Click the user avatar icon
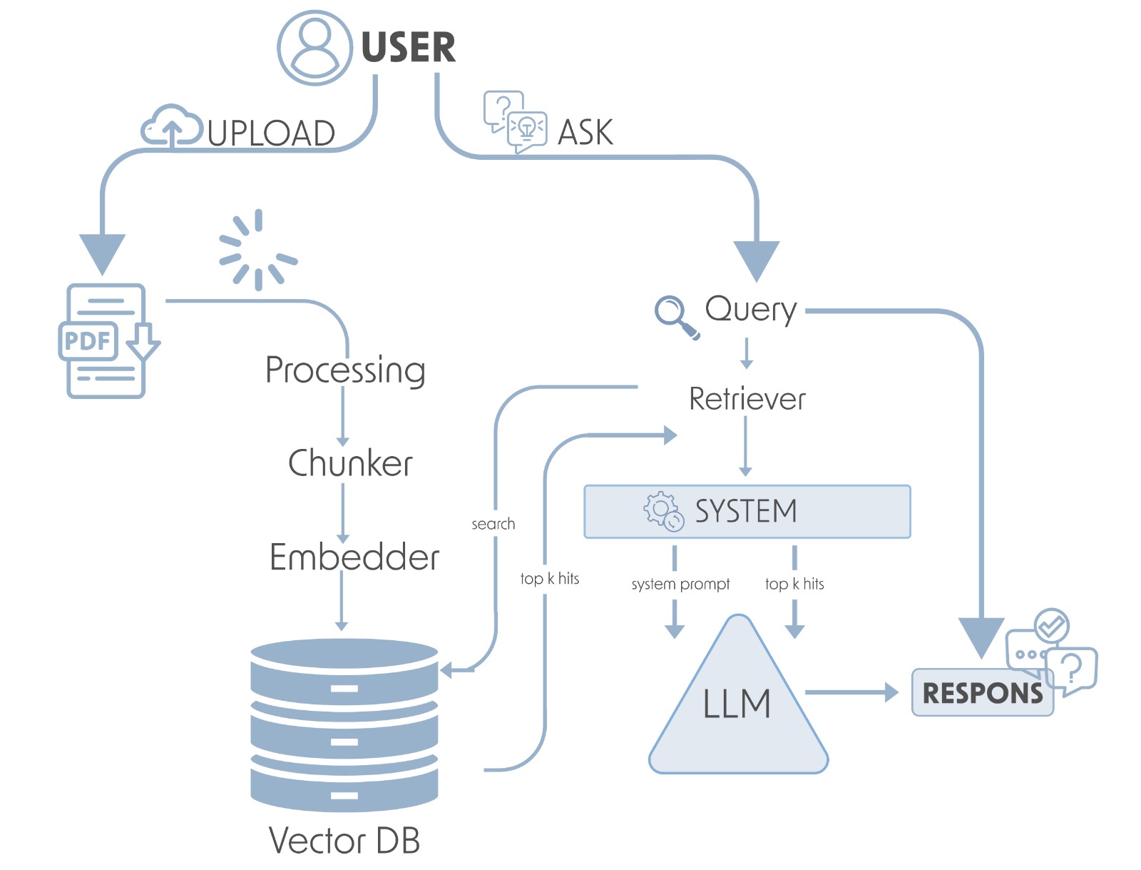314,48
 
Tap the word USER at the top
408,48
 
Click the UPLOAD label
271,133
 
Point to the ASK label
585,132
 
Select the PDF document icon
107,340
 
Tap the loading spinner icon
257,250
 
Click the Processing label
345,370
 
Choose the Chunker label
350,463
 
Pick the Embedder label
354,557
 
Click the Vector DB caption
344,840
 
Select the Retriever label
747,398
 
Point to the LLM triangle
738,707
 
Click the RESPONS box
982,692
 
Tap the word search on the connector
493,524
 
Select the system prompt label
680,584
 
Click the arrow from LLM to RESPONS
851,692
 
